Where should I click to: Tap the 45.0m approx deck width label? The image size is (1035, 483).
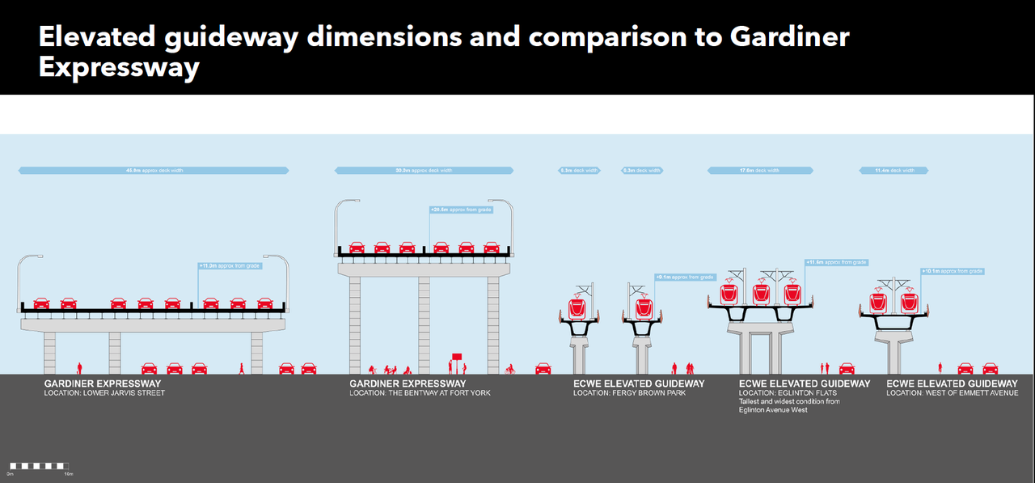point(153,171)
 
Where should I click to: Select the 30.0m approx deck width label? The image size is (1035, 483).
point(424,171)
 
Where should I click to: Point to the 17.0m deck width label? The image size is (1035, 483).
point(761,171)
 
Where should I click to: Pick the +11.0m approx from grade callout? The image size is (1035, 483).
point(230,265)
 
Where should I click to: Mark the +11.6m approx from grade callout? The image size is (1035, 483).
point(836,262)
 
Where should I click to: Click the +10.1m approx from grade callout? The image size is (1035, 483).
point(953,271)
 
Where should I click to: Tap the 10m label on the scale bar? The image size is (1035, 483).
point(69,473)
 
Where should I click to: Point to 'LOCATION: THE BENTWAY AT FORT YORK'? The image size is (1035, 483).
point(420,393)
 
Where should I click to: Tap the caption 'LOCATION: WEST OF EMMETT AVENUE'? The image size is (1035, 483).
point(952,393)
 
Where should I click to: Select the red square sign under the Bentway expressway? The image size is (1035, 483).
point(457,355)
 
